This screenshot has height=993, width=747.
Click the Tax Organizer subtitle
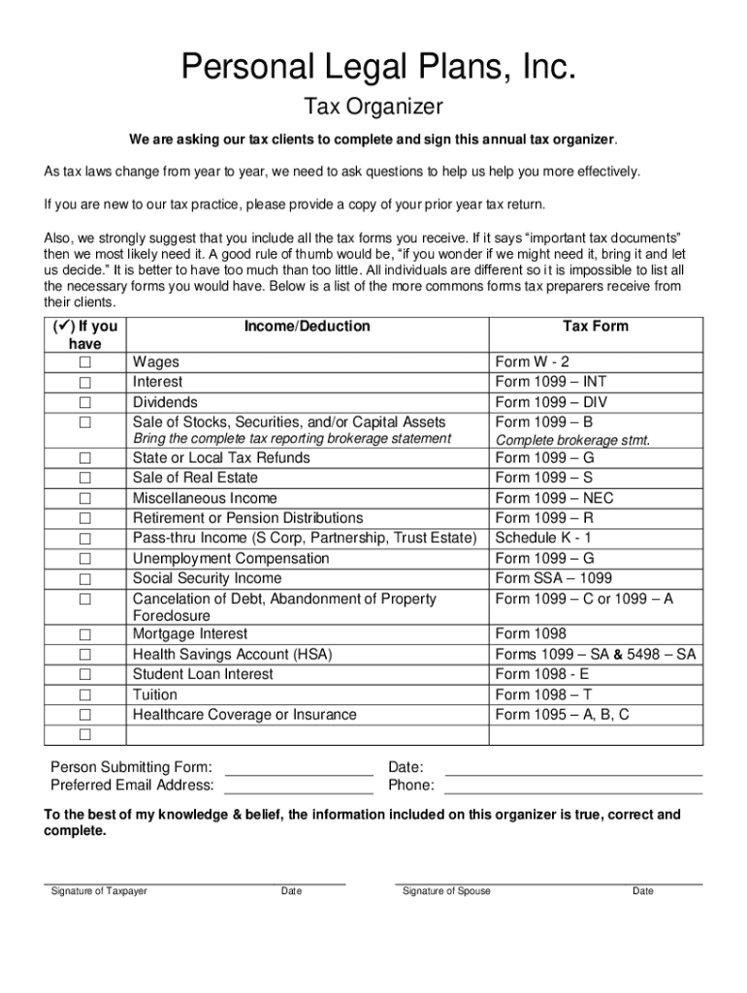373,106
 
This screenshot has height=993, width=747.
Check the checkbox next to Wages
85,363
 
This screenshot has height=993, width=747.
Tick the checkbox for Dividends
85,402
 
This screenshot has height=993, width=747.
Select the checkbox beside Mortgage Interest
85,635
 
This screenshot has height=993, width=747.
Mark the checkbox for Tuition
85,695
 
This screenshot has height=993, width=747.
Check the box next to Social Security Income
85,579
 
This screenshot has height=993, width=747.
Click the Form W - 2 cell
533,362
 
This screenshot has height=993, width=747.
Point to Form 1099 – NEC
554,497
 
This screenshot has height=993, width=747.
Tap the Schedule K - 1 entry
543,537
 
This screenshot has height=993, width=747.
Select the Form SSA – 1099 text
554,578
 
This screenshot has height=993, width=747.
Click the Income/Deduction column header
307,327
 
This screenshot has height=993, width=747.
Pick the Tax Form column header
596,327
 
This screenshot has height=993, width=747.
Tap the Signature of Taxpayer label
99,891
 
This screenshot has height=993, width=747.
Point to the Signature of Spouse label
446,891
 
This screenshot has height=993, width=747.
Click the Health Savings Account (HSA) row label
232,655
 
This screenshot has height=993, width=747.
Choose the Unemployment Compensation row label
231,559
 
